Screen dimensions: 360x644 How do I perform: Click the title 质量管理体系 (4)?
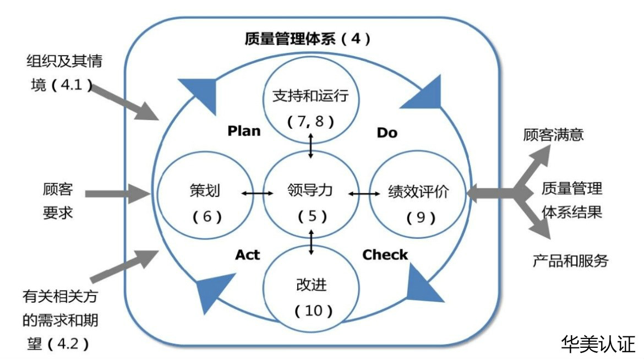coord(308,39)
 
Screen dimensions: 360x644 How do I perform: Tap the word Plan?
coord(244,132)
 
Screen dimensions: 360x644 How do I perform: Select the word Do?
coord(386,133)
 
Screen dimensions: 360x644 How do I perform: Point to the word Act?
coord(248,255)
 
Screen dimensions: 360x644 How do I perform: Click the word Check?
coord(385,255)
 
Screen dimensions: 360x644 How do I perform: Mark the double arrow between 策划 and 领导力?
coord(257,193)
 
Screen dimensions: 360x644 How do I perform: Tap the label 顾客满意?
coord(553,135)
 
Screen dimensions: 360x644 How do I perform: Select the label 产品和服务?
coord(570,260)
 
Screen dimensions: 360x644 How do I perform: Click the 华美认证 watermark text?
coord(598,343)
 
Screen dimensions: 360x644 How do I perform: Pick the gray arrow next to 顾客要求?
coord(118,193)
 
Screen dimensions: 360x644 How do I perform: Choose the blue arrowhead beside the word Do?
coord(421,95)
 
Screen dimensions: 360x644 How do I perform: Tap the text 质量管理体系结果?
coord(571,200)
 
